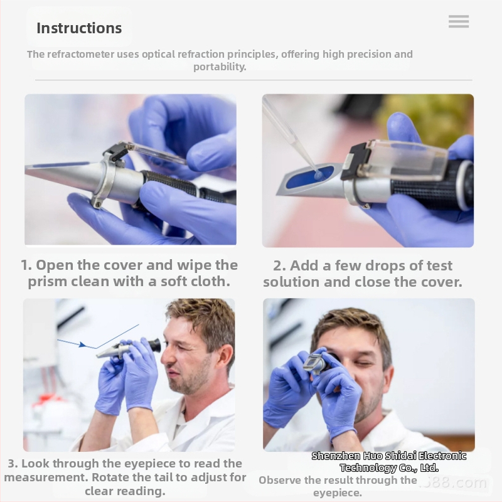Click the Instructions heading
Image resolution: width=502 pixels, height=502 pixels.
[x=79, y=28]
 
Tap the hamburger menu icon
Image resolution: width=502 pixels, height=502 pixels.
[x=459, y=21]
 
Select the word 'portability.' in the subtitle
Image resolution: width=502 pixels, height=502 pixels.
[x=220, y=67]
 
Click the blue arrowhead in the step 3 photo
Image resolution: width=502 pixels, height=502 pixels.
[x=82, y=344]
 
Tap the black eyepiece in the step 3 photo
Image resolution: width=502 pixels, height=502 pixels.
[x=154, y=345]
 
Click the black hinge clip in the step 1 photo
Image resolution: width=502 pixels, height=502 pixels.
[x=115, y=152]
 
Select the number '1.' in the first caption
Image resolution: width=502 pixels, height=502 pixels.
[x=26, y=265]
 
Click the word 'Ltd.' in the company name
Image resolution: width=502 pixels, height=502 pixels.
[x=429, y=467]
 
